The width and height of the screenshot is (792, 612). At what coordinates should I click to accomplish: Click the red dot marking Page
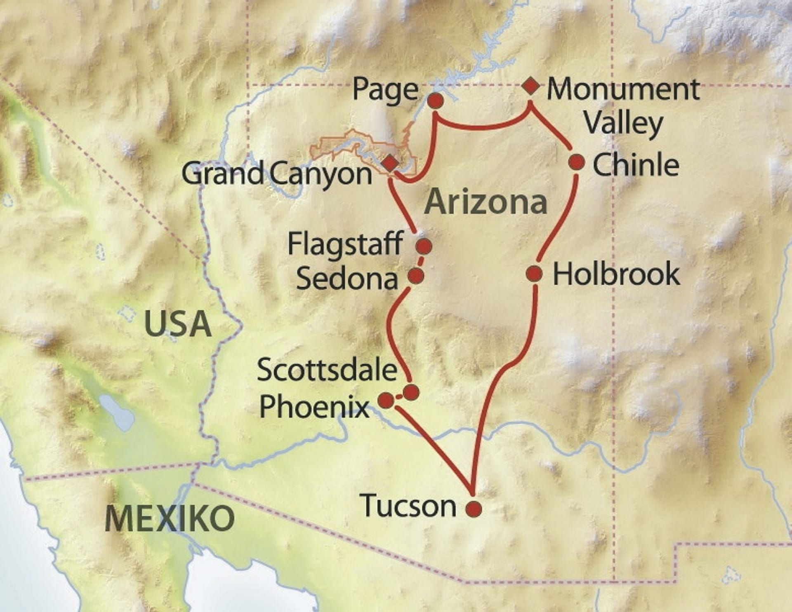pyautogui.click(x=436, y=101)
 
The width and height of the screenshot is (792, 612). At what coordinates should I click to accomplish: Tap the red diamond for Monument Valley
pyautogui.click(x=530, y=87)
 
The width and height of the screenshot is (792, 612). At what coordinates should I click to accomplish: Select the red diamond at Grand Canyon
pyautogui.click(x=389, y=164)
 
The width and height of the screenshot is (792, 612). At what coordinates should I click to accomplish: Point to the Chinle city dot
pyautogui.click(x=576, y=162)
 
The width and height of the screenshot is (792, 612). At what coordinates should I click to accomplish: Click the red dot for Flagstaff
pyautogui.click(x=424, y=246)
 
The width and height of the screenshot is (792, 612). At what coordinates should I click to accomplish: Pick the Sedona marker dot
pyautogui.click(x=416, y=275)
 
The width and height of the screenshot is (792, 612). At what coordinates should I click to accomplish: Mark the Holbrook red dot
pyautogui.click(x=535, y=273)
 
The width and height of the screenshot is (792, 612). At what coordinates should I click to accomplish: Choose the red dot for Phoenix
pyautogui.click(x=386, y=400)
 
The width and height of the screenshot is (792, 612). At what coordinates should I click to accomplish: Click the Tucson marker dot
pyautogui.click(x=474, y=509)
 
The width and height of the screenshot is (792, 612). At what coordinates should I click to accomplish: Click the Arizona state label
pyautogui.click(x=486, y=202)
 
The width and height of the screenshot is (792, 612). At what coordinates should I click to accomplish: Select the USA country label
pyautogui.click(x=178, y=324)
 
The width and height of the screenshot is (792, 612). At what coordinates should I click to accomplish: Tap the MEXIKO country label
pyautogui.click(x=170, y=518)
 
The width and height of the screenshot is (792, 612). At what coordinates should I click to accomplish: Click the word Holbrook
pyautogui.click(x=616, y=274)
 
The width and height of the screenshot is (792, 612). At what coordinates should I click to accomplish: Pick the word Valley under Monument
pyautogui.click(x=623, y=123)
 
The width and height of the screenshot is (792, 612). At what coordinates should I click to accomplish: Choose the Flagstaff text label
pyautogui.click(x=345, y=244)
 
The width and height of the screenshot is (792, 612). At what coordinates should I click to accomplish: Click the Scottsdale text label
pyautogui.click(x=327, y=370)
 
